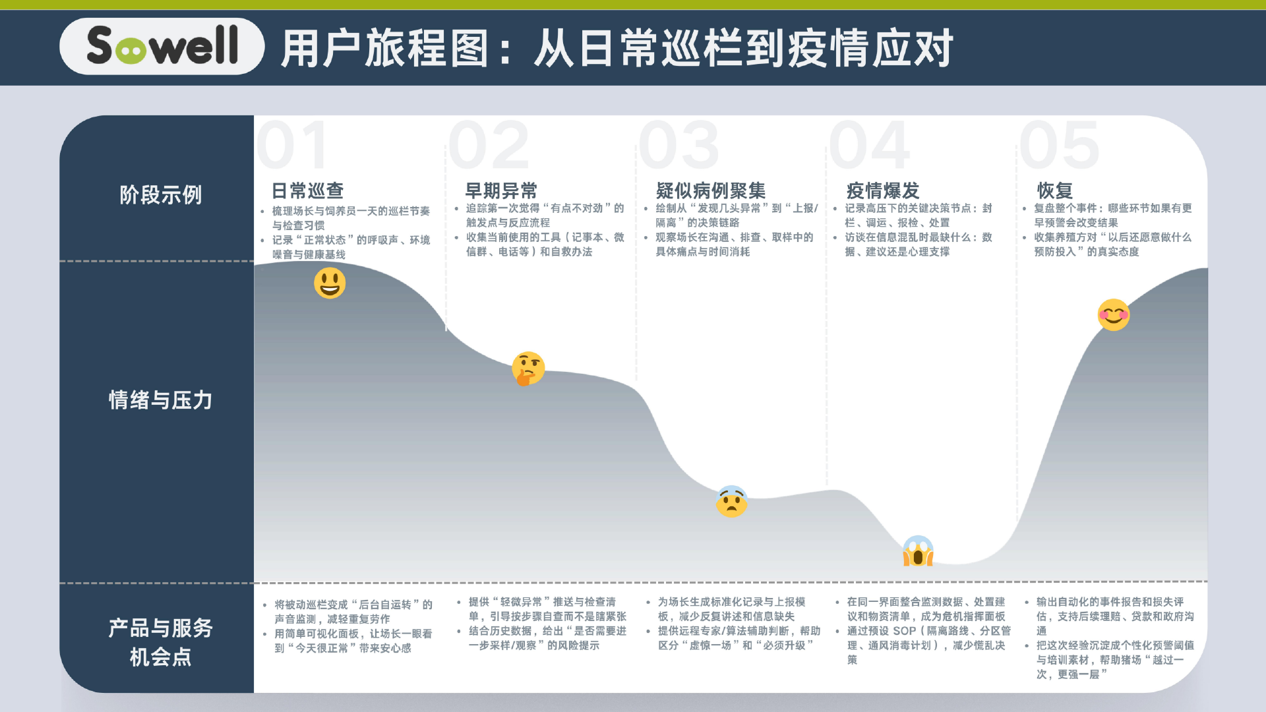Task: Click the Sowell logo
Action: click(x=162, y=45)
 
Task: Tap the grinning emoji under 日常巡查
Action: click(x=330, y=283)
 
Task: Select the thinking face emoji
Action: click(x=528, y=369)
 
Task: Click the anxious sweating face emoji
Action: click(x=731, y=502)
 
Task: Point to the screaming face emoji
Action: click(x=918, y=551)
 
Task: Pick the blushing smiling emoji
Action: click(x=1114, y=314)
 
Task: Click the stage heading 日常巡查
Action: click(x=308, y=191)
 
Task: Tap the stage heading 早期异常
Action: click(x=501, y=191)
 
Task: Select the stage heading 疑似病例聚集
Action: click(x=711, y=191)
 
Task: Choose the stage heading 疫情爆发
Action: click(x=883, y=191)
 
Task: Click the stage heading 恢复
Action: click(x=1055, y=191)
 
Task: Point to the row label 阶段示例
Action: click(x=161, y=195)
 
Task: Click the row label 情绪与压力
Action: click(x=161, y=400)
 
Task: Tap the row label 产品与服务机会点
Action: click(x=161, y=643)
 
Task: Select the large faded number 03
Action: click(x=679, y=145)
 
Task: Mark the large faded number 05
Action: click(x=1060, y=145)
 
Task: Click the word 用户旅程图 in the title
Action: click(x=385, y=48)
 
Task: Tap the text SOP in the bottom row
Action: click(x=905, y=631)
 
